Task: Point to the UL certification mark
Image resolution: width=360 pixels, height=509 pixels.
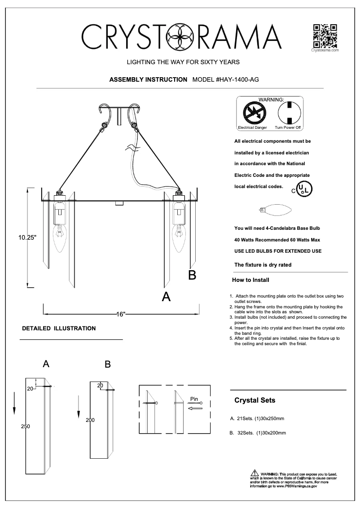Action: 303,189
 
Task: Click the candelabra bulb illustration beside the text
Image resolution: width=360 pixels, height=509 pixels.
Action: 275,210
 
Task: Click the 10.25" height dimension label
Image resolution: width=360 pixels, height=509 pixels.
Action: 27,238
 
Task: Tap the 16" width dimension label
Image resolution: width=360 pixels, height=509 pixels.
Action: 120,314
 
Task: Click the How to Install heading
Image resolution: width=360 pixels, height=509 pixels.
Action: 250,280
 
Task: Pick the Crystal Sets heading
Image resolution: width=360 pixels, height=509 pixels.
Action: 255,400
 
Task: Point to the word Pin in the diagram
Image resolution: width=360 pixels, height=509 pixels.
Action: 194,398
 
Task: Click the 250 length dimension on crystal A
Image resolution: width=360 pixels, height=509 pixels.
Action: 26,426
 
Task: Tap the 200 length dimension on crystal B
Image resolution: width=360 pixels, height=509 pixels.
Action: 90,420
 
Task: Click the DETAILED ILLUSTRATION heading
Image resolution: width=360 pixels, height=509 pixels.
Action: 59,328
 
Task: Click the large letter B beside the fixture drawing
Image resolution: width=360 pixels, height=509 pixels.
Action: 192,275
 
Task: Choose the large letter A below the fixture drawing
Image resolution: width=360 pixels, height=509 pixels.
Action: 166,297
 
